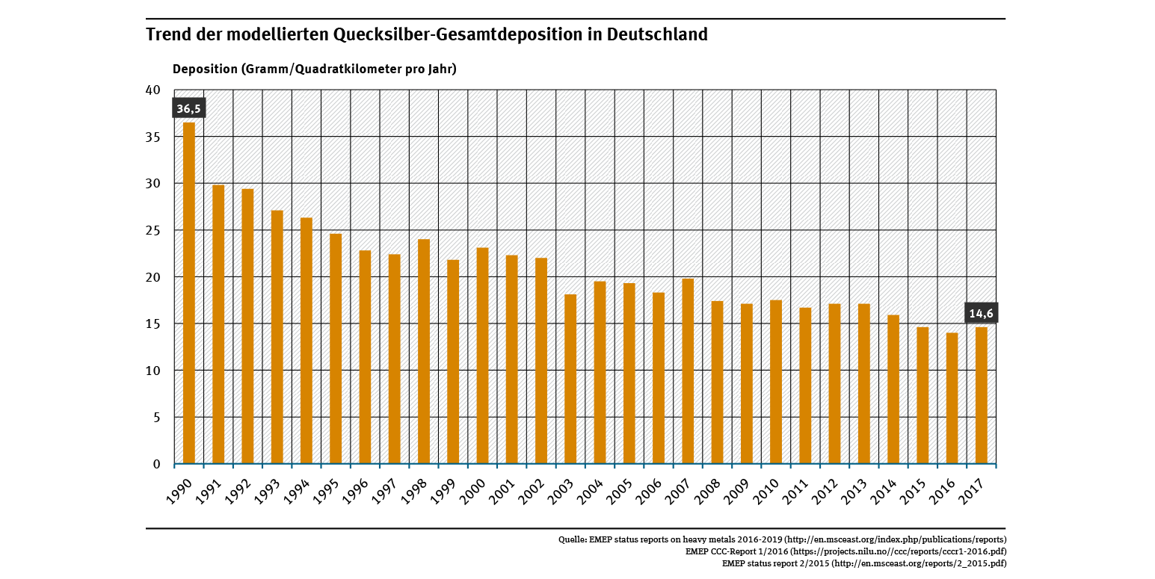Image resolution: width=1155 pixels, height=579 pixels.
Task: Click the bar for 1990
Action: [189, 293]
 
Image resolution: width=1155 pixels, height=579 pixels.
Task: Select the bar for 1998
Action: [424, 351]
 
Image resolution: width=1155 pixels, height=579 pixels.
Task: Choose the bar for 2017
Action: [981, 395]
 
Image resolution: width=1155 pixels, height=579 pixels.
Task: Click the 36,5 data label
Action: [188, 109]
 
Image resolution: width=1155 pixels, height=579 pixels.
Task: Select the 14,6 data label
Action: [981, 314]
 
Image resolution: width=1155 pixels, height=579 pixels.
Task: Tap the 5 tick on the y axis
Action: [156, 418]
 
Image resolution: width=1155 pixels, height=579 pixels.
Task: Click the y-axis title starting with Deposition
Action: [314, 69]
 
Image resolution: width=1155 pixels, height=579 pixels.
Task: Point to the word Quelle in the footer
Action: [572, 539]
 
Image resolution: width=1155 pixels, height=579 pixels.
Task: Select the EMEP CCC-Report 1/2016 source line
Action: [846, 551]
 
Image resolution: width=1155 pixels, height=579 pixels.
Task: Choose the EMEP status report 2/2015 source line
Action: [863, 563]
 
